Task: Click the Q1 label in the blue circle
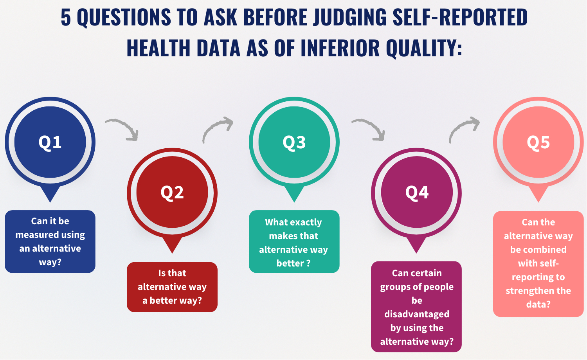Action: pos(50,142)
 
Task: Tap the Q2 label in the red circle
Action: pos(172,193)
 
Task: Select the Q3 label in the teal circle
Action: pos(294,142)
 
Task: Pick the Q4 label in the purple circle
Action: pos(417,193)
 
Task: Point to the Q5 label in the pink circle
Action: pos(538,142)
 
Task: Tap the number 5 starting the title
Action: pos(66,18)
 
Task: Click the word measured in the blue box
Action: pos(34,235)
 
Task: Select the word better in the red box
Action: pos(163,301)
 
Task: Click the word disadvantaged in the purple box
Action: pos(417,314)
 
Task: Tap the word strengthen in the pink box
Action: pos(529,291)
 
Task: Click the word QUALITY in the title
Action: pos(424,48)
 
